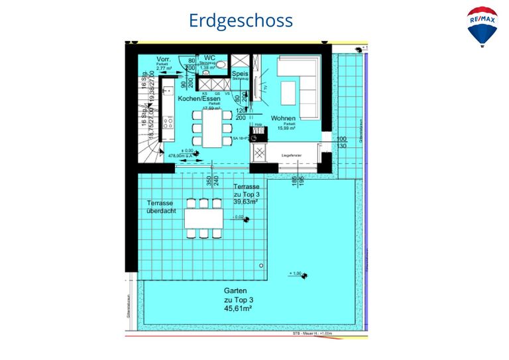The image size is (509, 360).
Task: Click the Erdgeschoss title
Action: pyautogui.click(x=241, y=21)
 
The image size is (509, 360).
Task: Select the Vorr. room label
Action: pyautogui.click(x=164, y=60)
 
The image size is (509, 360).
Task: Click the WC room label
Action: pyautogui.click(x=209, y=58)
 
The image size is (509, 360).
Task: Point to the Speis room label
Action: pyautogui.click(x=239, y=74)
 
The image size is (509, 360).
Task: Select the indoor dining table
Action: pyautogui.click(x=212, y=127)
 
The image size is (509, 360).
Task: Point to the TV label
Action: pyautogui.click(x=264, y=88)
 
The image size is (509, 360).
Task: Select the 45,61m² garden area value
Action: pyautogui.click(x=237, y=308)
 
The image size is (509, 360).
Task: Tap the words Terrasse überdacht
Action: pyautogui.click(x=160, y=207)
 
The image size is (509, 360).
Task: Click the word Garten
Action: pyautogui.click(x=237, y=291)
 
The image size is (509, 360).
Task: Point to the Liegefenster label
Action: pyautogui.click(x=291, y=154)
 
